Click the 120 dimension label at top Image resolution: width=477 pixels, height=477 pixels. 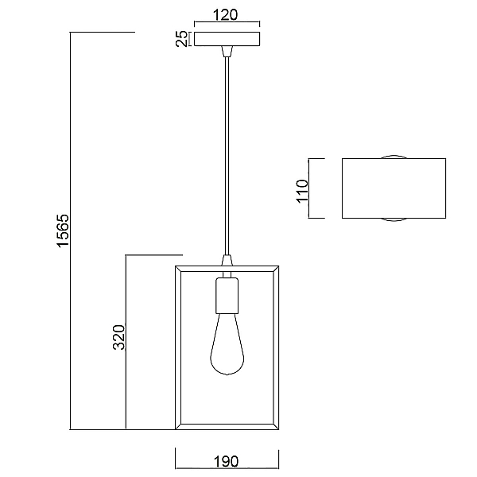pyautogui.click(x=225, y=14)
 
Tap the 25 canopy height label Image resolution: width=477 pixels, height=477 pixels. pyautogui.click(x=182, y=39)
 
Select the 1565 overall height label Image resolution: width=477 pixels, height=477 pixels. pyautogui.click(x=64, y=231)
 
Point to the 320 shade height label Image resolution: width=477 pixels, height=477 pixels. pyautogui.click(x=119, y=337)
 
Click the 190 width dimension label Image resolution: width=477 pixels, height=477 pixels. pyautogui.click(x=227, y=461)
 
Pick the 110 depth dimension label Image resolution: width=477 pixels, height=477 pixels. pyautogui.click(x=302, y=191)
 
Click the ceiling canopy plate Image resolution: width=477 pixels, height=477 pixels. pyautogui.click(x=227, y=39)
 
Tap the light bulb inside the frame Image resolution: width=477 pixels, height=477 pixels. pyautogui.click(x=227, y=344)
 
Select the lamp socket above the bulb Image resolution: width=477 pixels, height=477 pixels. pyautogui.click(x=227, y=296)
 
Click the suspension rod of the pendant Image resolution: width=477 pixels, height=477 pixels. pyautogui.click(x=227, y=156)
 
